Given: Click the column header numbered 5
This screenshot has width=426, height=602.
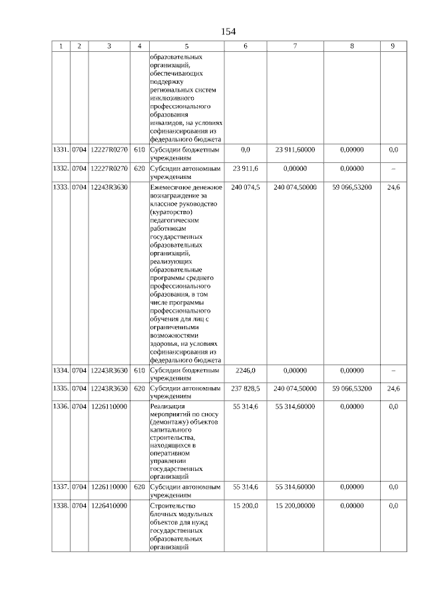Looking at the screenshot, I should pos(186,46).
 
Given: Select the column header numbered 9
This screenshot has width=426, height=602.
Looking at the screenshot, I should pos(393,46).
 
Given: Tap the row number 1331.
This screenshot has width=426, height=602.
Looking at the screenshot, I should pos(61,150).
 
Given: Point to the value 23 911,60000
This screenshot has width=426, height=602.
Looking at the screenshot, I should pos(295,150).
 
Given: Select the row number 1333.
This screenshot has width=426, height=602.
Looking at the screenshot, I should pos(61,188).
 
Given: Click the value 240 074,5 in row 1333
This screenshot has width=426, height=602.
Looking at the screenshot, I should pos(245,188).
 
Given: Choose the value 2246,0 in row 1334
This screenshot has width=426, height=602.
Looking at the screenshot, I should pos(245,370).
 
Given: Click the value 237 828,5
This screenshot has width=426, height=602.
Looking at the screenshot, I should pos(245,388).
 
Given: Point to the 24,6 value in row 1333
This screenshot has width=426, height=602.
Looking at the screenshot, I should pos(393,188).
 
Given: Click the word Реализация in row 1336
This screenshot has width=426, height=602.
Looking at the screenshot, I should pos(167,406).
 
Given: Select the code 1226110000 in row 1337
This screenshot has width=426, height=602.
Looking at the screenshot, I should pos(109,487).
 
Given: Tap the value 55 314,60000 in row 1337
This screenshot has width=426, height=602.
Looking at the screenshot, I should pos(295,487).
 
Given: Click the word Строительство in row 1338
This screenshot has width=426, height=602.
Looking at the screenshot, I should pos(172,506).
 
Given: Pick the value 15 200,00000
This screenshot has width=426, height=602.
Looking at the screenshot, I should pos(295,506).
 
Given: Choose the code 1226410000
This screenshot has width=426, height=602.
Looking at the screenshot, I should pos(109,506).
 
